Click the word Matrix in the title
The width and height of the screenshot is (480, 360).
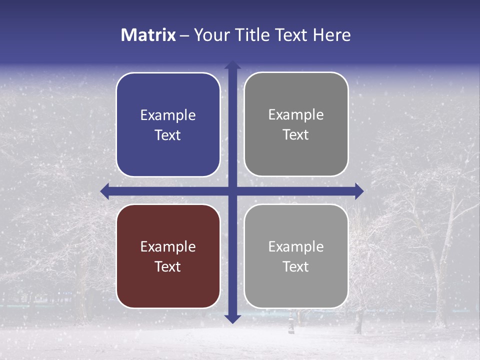(x=148, y=35)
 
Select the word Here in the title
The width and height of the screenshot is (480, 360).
(x=331, y=35)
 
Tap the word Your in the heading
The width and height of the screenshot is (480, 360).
(x=209, y=35)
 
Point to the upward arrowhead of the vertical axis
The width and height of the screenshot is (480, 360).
(x=232, y=65)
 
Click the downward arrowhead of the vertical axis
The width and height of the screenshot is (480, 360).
(x=232, y=318)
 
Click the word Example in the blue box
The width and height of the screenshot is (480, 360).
(x=168, y=115)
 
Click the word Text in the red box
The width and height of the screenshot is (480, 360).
(x=168, y=266)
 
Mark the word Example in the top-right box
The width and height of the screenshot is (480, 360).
(x=296, y=114)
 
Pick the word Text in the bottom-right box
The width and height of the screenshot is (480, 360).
(x=296, y=266)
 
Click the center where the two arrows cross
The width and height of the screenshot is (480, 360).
(x=232, y=191)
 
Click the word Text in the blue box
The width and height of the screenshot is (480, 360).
(x=168, y=135)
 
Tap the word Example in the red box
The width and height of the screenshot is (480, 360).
(x=168, y=246)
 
